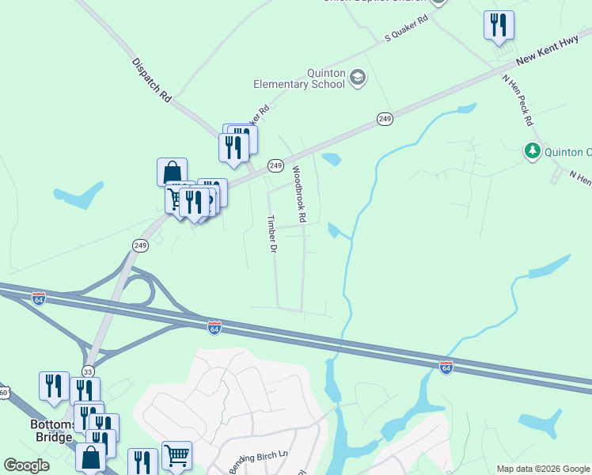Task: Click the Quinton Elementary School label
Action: click(299, 78)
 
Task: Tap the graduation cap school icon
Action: click(358, 77)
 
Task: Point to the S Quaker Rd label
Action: click(405, 28)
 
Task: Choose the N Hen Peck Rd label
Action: click(518, 101)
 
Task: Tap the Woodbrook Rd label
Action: click(299, 193)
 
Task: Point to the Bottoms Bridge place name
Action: click(52, 431)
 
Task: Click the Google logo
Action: click(26, 465)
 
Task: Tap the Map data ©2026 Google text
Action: click(542, 469)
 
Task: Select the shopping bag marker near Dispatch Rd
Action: click(172, 171)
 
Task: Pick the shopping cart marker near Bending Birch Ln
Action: click(176, 455)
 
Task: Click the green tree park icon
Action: click(532, 151)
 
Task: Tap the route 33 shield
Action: click(88, 371)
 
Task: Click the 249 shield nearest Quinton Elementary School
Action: click(385, 119)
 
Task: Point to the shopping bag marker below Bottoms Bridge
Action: click(91, 458)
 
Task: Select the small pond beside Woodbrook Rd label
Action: click(331, 159)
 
